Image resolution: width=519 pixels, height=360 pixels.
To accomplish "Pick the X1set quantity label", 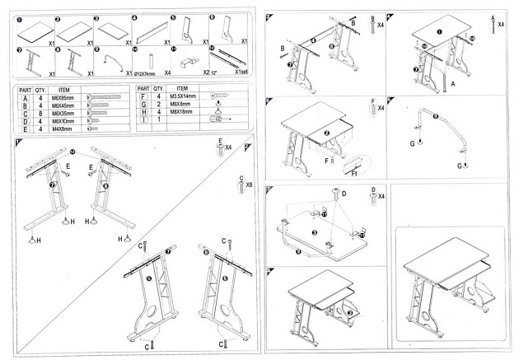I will click(x=241, y=72).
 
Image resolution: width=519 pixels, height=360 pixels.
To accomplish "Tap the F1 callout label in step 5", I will click(x=353, y=173).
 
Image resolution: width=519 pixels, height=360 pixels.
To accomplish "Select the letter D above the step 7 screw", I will click(x=344, y=194).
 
